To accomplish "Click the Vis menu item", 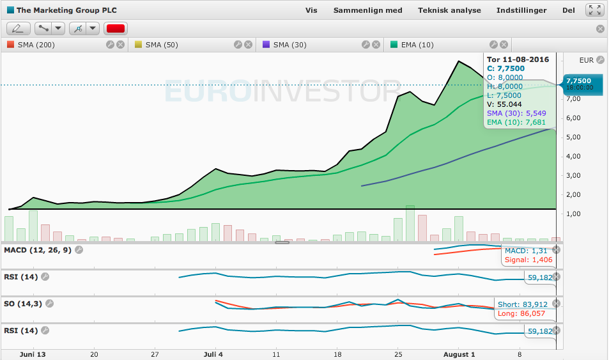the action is [x=311, y=10].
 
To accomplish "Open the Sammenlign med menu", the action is [x=368, y=10].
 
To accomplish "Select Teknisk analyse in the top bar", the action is [x=449, y=10].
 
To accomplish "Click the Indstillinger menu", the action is [x=521, y=10].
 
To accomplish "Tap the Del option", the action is [x=569, y=10].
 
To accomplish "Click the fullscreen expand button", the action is [x=595, y=10].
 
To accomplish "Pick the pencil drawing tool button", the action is [x=19, y=28].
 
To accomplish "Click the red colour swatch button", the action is [x=116, y=28].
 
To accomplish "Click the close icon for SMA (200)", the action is [x=121, y=45].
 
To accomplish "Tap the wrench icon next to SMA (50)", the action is [x=238, y=45].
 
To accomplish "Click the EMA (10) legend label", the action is [x=417, y=45].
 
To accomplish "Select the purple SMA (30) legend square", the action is [x=266, y=44].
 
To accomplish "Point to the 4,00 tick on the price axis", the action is [x=573, y=156].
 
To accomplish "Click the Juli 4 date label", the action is [x=213, y=354].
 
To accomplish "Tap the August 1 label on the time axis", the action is [x=459, y=354].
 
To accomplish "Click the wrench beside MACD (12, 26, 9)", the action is [x=79, y=250].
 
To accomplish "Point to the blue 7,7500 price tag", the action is [x=582, y=84].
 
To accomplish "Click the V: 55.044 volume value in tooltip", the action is [x=504, y=104].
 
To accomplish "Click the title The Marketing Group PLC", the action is [x=66, y=10].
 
